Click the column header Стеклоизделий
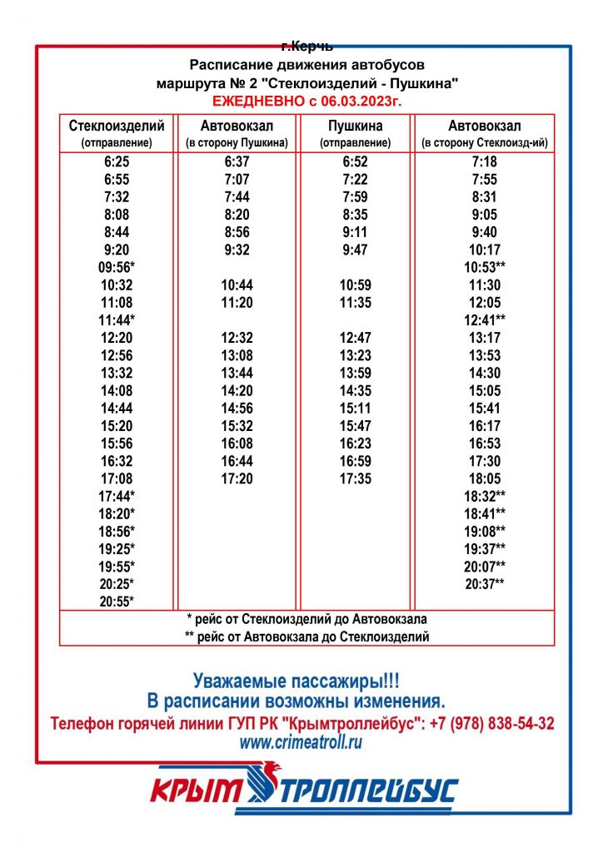click(x=117, y=126)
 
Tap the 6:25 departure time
click(x=117, y=162)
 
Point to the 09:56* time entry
click(x=117, y=267)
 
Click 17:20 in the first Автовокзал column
click(x=237, y=478)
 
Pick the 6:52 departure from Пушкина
click(x=356, y=162)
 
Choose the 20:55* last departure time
click(x=117, y=601)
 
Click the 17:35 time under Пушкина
click(x=356, y=478)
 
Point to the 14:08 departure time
click(x=117, y=390)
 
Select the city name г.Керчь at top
click(x=307, y=47)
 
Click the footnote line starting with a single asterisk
click(x=307, y=620)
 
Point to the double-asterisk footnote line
click(x=307, y=637)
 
